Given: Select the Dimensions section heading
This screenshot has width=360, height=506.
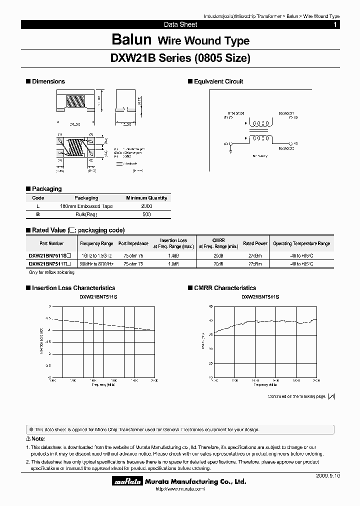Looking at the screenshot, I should [x=48, y=81].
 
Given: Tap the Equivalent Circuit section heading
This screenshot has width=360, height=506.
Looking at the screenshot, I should [x=218, y=81].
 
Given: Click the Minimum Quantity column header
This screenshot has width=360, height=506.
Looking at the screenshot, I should [x=146, y=198].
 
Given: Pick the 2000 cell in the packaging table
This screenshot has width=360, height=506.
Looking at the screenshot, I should [x=146, y=206].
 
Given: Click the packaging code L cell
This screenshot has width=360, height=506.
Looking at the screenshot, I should [x=38, y=206].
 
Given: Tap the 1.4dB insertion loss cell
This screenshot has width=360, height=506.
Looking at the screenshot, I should [x=173, y=255].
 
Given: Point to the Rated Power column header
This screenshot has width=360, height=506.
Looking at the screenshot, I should [x=255, y=243].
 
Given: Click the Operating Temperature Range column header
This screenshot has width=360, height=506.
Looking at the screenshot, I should [x=301, y=243].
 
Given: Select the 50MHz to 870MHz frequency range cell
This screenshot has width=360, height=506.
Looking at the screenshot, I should [x=96, y=263].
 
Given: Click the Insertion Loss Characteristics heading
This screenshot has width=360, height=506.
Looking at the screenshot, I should [x=73, y=288].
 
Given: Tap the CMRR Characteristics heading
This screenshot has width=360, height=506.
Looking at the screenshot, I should [x=224, y=288].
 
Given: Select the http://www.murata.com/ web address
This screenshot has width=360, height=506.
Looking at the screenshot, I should [x=178, y=489].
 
